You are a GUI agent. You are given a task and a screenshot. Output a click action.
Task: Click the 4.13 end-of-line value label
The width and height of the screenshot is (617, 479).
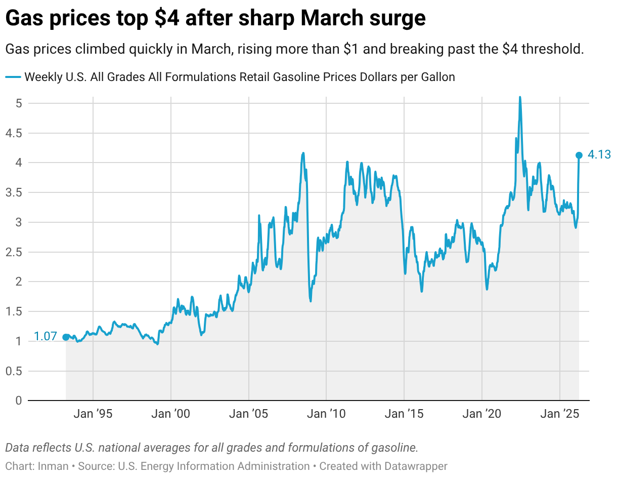click(x=600, y=155)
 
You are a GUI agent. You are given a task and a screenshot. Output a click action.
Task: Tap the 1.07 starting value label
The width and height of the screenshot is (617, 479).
click(x=45, y=337)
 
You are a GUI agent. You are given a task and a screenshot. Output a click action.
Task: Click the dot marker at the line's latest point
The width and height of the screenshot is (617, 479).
click(x=579, y=155)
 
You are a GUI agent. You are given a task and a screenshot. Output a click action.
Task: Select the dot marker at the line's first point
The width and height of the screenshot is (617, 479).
click(x=66, y=337)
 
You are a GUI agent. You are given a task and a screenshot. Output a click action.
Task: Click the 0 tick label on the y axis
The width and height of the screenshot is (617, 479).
click(x=18, y=401)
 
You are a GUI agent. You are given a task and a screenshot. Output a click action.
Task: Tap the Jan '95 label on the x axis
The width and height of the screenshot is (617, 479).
click(x=93, y=414)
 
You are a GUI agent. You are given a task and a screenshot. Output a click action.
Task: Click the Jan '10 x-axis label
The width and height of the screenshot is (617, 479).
click(x=327, y=414)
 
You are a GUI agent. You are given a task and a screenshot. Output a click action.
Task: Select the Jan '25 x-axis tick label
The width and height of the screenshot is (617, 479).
click(x=560, y=414)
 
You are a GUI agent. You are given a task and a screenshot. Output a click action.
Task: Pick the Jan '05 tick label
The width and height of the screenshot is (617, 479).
click(x=249, y=414)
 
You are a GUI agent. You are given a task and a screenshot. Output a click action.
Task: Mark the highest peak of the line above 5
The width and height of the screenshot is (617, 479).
click(x=519, y=97)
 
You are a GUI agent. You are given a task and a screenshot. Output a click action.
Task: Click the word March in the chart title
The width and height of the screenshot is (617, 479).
click(x=335, y=19)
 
